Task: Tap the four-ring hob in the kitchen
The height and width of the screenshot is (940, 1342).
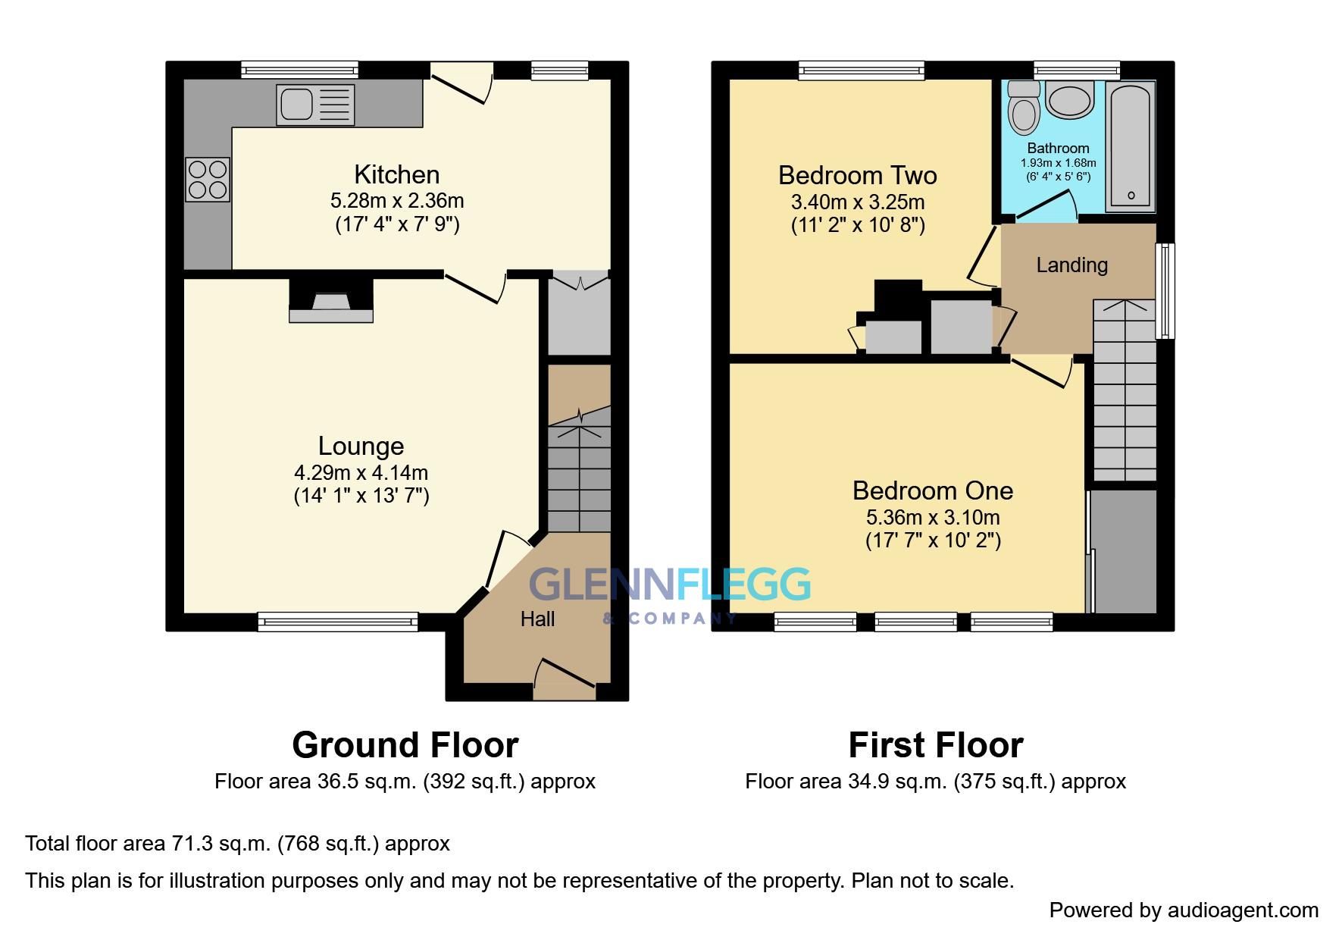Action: pyautogui.click(x=208, y=180)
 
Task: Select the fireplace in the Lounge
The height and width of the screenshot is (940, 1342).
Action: pyautogui.click(x=331, y=302)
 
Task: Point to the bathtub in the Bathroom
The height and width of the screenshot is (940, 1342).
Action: pyautogui.click(x=1130, y=146)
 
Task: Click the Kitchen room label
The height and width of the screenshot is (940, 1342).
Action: pyautogui.click(x=396, y=175)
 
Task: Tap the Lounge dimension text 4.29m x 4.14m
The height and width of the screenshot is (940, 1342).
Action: pyautogui.click(x=361, y=473)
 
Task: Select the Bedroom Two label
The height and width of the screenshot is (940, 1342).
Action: pyautogui.click(x=857, y=176)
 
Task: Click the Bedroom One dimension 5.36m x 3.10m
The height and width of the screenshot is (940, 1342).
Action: pyautogui.click(x=932, y=518)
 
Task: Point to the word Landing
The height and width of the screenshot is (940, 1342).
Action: pyautogui.click(x=1071, y=265)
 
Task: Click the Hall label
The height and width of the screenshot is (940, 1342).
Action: pyautogui.click(x=537, y=619)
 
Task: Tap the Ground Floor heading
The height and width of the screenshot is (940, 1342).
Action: pyautogui.click(x=405, y=745)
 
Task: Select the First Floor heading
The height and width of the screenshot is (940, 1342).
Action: pyautogui.click(x=935, y=745)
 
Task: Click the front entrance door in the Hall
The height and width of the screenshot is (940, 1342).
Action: pyautogui.click(x=565, y=678)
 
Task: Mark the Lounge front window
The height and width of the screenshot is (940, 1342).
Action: pyautogui.click(x=337, y=622)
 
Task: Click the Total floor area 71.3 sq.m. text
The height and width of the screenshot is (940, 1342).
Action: pyautogui.click(x=237, y=844)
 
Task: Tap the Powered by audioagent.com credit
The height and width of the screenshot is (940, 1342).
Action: pyautogui.click(x=1183, y=910)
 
